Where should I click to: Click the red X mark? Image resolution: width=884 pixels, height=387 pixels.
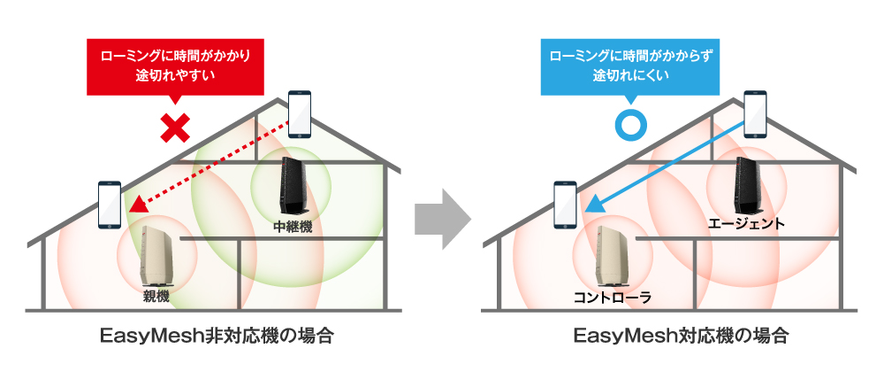[176, 128]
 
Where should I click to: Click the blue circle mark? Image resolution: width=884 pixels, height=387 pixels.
[630, 125]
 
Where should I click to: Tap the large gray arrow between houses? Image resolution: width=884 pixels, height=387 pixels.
[443, 220]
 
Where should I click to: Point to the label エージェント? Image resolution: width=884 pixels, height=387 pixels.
[746, 223]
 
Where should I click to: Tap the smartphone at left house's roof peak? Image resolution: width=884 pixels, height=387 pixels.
[300, 114]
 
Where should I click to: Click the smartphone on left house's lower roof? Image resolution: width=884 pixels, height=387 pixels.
[110, 205]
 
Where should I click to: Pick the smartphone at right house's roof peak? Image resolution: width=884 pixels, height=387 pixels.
[755, 113]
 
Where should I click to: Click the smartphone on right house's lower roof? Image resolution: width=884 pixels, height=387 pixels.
[565, 205]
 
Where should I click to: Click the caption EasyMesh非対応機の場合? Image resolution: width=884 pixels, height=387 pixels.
[217, 337]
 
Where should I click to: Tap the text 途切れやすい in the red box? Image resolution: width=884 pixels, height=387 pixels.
[175, 75]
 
